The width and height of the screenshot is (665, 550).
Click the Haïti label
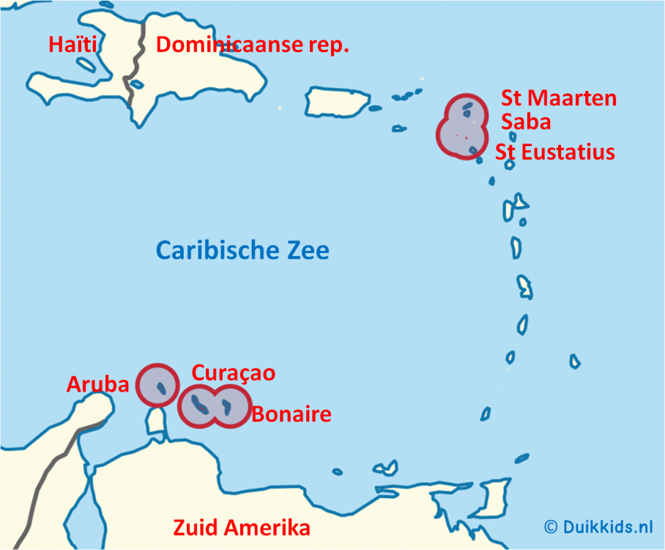pos(73,45)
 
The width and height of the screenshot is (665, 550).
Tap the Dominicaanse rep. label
pos(252,45)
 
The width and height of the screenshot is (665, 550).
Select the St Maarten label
pos(558,98)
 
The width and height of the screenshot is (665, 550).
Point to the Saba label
pos(525,121)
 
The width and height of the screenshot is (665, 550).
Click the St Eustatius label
pos(554,152)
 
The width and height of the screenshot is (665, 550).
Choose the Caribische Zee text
pos(242,251)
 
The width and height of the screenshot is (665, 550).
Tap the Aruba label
pos(97,384)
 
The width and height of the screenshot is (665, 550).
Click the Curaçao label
pos(233,373)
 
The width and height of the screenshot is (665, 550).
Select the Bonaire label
pos(291,414)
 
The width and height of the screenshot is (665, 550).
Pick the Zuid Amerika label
pos(241,527)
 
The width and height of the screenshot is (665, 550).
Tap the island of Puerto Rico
pos(337,101)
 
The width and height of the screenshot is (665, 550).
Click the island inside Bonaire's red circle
pos(227,406)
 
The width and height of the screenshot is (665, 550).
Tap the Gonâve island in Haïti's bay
pos(86,65)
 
